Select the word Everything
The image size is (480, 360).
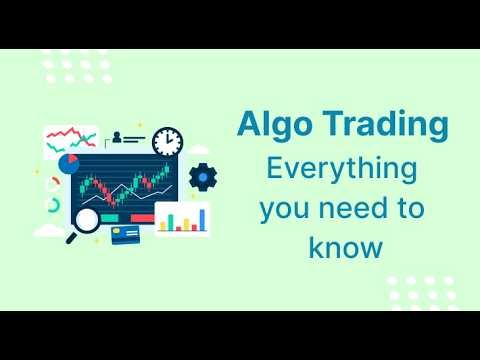pyautogui.click(x=340, y=168)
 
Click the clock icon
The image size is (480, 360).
pyautogui.click(x=168, y=141)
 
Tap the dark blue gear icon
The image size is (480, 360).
pyautogui.click(x=203, y=178)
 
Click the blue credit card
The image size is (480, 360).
pyautogui.click(x=125, y=236)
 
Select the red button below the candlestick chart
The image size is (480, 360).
pyautogui.click(x=143, y=218)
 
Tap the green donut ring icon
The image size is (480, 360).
pyautogui.click(x=53, y=206)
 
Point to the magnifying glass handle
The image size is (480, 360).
pyautogui.click(x=72, y=237)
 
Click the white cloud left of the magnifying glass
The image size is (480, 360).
pyautogui.click(x=48, y=232)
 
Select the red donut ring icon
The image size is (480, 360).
pyautogui.click(x=52, y=182)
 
